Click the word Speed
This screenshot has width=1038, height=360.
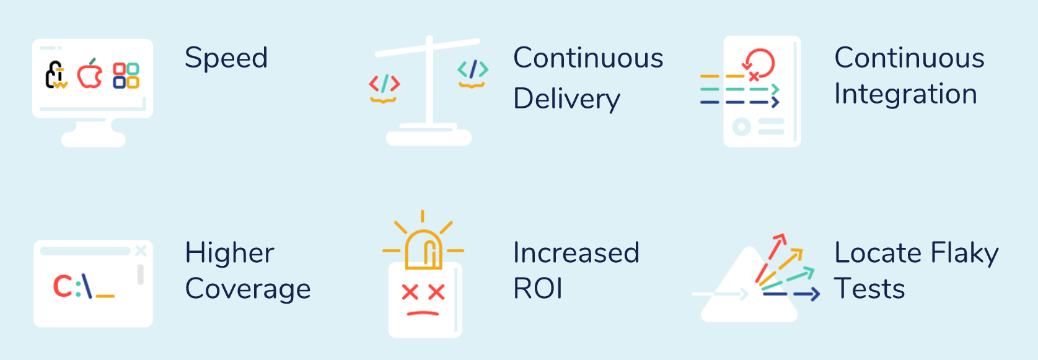point(226,59)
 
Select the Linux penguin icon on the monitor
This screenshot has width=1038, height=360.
point(56,74)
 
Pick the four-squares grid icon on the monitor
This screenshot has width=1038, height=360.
point(126,76)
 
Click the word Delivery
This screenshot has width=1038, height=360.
point(566,99)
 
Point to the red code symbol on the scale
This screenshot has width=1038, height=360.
point(384,84)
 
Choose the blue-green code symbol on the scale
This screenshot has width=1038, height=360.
point(473,69)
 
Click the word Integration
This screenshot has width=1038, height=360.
point(905,94)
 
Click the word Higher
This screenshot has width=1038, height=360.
point(229,253)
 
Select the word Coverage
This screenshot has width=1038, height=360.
point(248,289)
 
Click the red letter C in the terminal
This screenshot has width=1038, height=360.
point(62,286)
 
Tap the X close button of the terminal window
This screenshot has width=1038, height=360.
point(141,250)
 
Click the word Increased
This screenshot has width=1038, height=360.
point(576,253)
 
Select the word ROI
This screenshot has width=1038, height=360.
point(538,289)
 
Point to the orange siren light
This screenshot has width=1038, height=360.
point(423,250)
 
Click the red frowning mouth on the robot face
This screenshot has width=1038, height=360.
point(423,313)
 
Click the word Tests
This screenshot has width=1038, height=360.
point(869,289)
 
